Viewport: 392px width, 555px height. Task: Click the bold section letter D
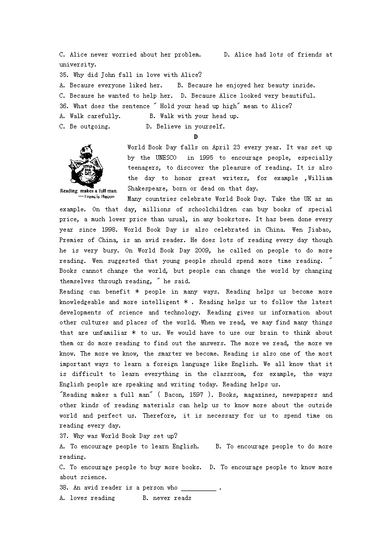point(196,137)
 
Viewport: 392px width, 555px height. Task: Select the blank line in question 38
point(198,488)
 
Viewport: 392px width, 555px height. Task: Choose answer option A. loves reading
point(87,498)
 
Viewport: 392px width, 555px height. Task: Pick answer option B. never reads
point(167,498)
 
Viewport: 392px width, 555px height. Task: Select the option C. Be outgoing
point(84,126)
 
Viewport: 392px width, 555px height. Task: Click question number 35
point(64,75)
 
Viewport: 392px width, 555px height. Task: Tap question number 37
point(64,436)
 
